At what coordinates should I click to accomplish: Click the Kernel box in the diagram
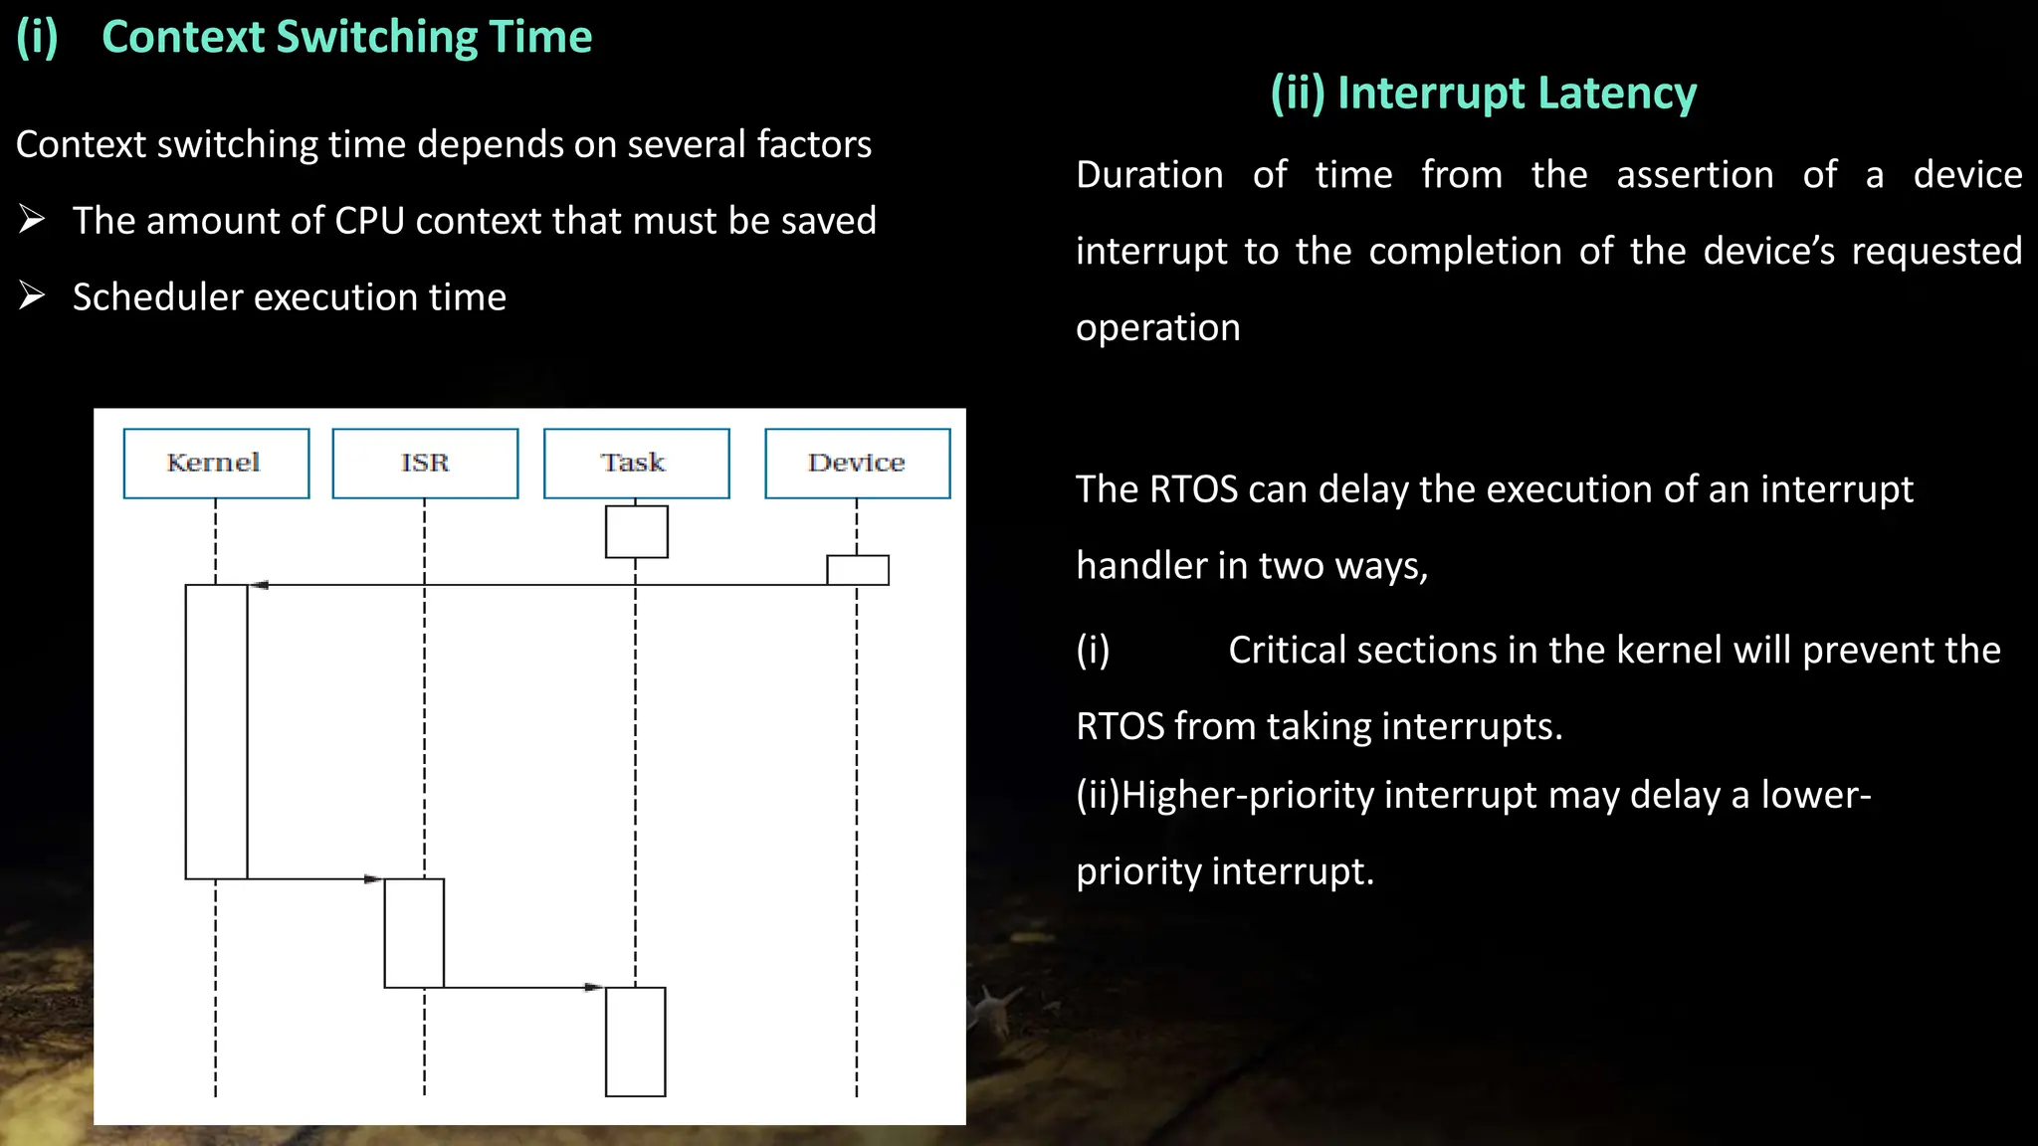[x=216, y=464]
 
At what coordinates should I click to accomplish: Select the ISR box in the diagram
[x=425, y=464]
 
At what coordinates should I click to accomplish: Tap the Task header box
[x=636, y=464]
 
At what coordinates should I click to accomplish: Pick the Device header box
[x=857, y=464]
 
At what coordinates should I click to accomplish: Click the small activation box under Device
[x=857, y=570]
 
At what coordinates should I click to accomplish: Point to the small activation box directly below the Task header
[x=636, y=531]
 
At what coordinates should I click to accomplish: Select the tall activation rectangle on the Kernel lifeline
[x=216, y=731]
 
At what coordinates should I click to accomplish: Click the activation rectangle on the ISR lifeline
[x=414, y=933]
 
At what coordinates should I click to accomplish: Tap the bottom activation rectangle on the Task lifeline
[x=635, y=1042]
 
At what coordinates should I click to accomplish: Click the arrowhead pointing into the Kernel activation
[x=259, y=585]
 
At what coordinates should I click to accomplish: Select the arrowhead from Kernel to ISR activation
[x=373, y=879]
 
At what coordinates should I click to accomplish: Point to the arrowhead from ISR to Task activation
[x=593, y=988]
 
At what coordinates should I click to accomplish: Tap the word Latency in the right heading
[x=1616, y=94]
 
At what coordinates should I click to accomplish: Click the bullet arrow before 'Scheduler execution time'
[x=32, y=295]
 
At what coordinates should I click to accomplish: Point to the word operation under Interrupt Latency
[x=1157, y=328]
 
